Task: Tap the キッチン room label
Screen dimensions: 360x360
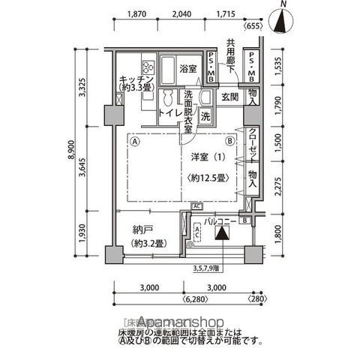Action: [136, 79]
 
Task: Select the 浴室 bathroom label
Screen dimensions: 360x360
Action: [187, 69]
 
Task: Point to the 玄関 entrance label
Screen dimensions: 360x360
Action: [229, 97]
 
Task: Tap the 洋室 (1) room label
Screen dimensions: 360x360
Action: [204, 158]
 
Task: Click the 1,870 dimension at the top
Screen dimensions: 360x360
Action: [136, 13]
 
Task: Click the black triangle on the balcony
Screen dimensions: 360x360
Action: [223, 233]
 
